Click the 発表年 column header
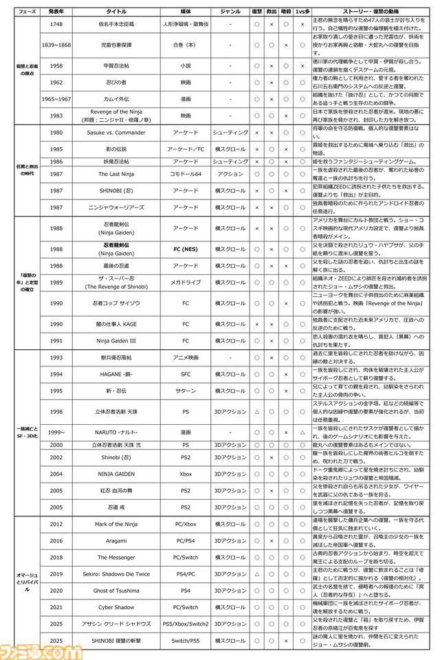tap(57, 12)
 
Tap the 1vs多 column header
tap(301, 12)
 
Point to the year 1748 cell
tap(57, 25)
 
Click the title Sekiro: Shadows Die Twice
tap(115, 573)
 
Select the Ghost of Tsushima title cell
tap(115, 590)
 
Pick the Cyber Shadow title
tap(115, 607)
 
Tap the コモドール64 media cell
tap(186, 174)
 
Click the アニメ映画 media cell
tap(186, 357)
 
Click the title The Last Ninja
tap(115, 174)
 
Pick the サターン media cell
tap(186, 390)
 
